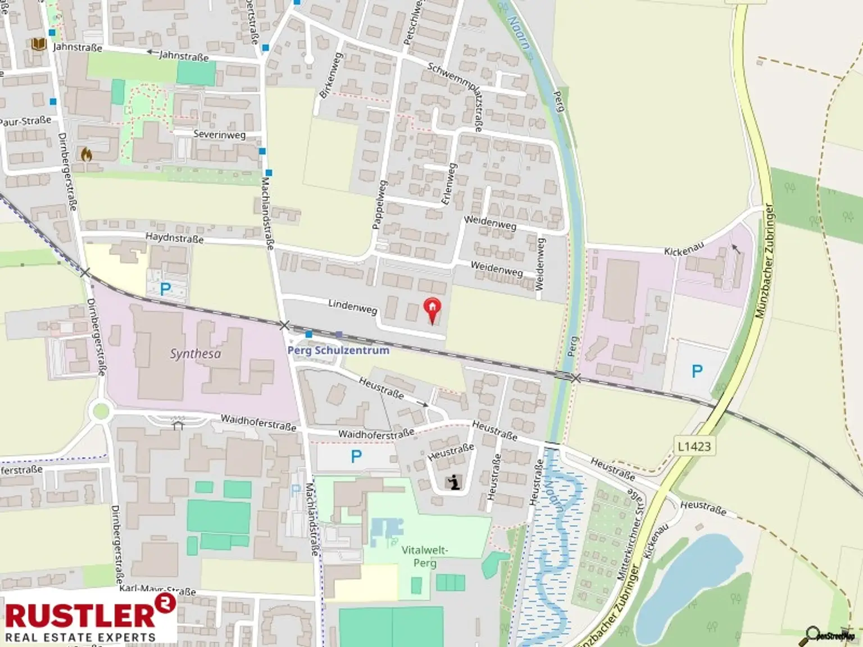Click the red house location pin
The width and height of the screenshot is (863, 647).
pos(431,310)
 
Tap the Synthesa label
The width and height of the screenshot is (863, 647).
pos(196,354)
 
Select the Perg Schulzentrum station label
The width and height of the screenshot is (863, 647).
pos(338,350)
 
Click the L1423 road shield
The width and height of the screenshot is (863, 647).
pos(694,446)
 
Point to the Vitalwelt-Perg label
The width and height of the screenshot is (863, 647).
pos(425,557)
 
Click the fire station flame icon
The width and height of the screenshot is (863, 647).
pos(86,154)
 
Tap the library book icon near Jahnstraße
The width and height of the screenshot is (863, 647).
pos(38,44)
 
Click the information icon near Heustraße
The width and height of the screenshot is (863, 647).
pos(453,482)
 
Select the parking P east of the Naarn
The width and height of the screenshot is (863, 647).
pos(697,371)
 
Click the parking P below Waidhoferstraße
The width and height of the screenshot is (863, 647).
pos(356,457)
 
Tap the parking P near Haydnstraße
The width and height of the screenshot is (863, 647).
pos(165,289)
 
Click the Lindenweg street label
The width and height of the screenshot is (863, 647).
pos(353,306)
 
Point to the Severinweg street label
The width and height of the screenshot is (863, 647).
pos(219,135)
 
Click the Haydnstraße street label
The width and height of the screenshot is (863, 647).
pos(174,238)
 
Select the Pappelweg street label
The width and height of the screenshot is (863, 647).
pos(379,204)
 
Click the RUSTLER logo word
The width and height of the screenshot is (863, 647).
pos(80,615)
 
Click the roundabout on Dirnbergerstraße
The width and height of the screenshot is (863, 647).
pos(101,411)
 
